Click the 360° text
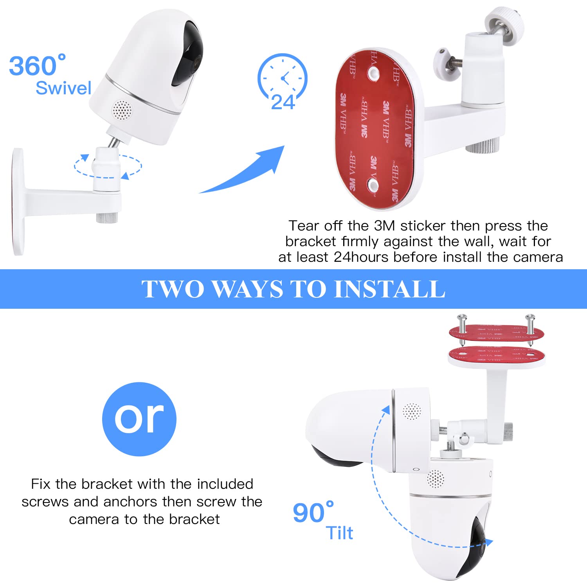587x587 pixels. [x=37, y=65]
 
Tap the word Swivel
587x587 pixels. [x=63, y=88]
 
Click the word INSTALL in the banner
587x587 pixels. [x=389, y=289]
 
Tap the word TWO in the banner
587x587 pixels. [x=173, y=289]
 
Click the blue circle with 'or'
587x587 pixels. [x=139, y=419]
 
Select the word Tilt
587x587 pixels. [x=339, y=533]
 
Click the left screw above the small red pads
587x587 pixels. [x=462, y=325]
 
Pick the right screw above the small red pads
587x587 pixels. [x=529, y=325]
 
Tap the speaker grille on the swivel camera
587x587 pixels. [x=122, y=110]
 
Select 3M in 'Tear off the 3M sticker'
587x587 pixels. [x=384, y=226]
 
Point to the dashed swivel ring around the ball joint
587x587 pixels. [x=108, y=166]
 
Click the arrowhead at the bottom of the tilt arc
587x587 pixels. [x=488, y=542]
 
